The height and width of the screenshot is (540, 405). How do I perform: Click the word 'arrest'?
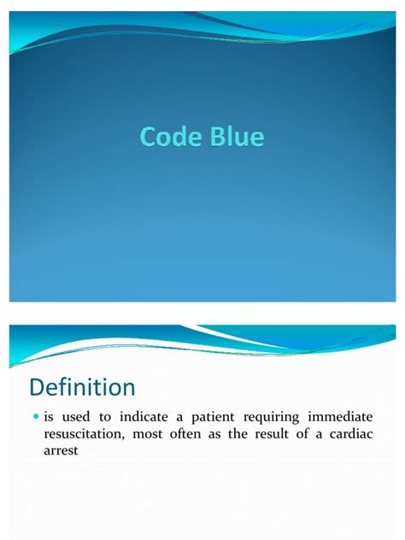pyautogui.click(x=62, y=451)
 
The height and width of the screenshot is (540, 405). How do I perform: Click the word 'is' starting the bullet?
pyautogui.click(x=51, y=418)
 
